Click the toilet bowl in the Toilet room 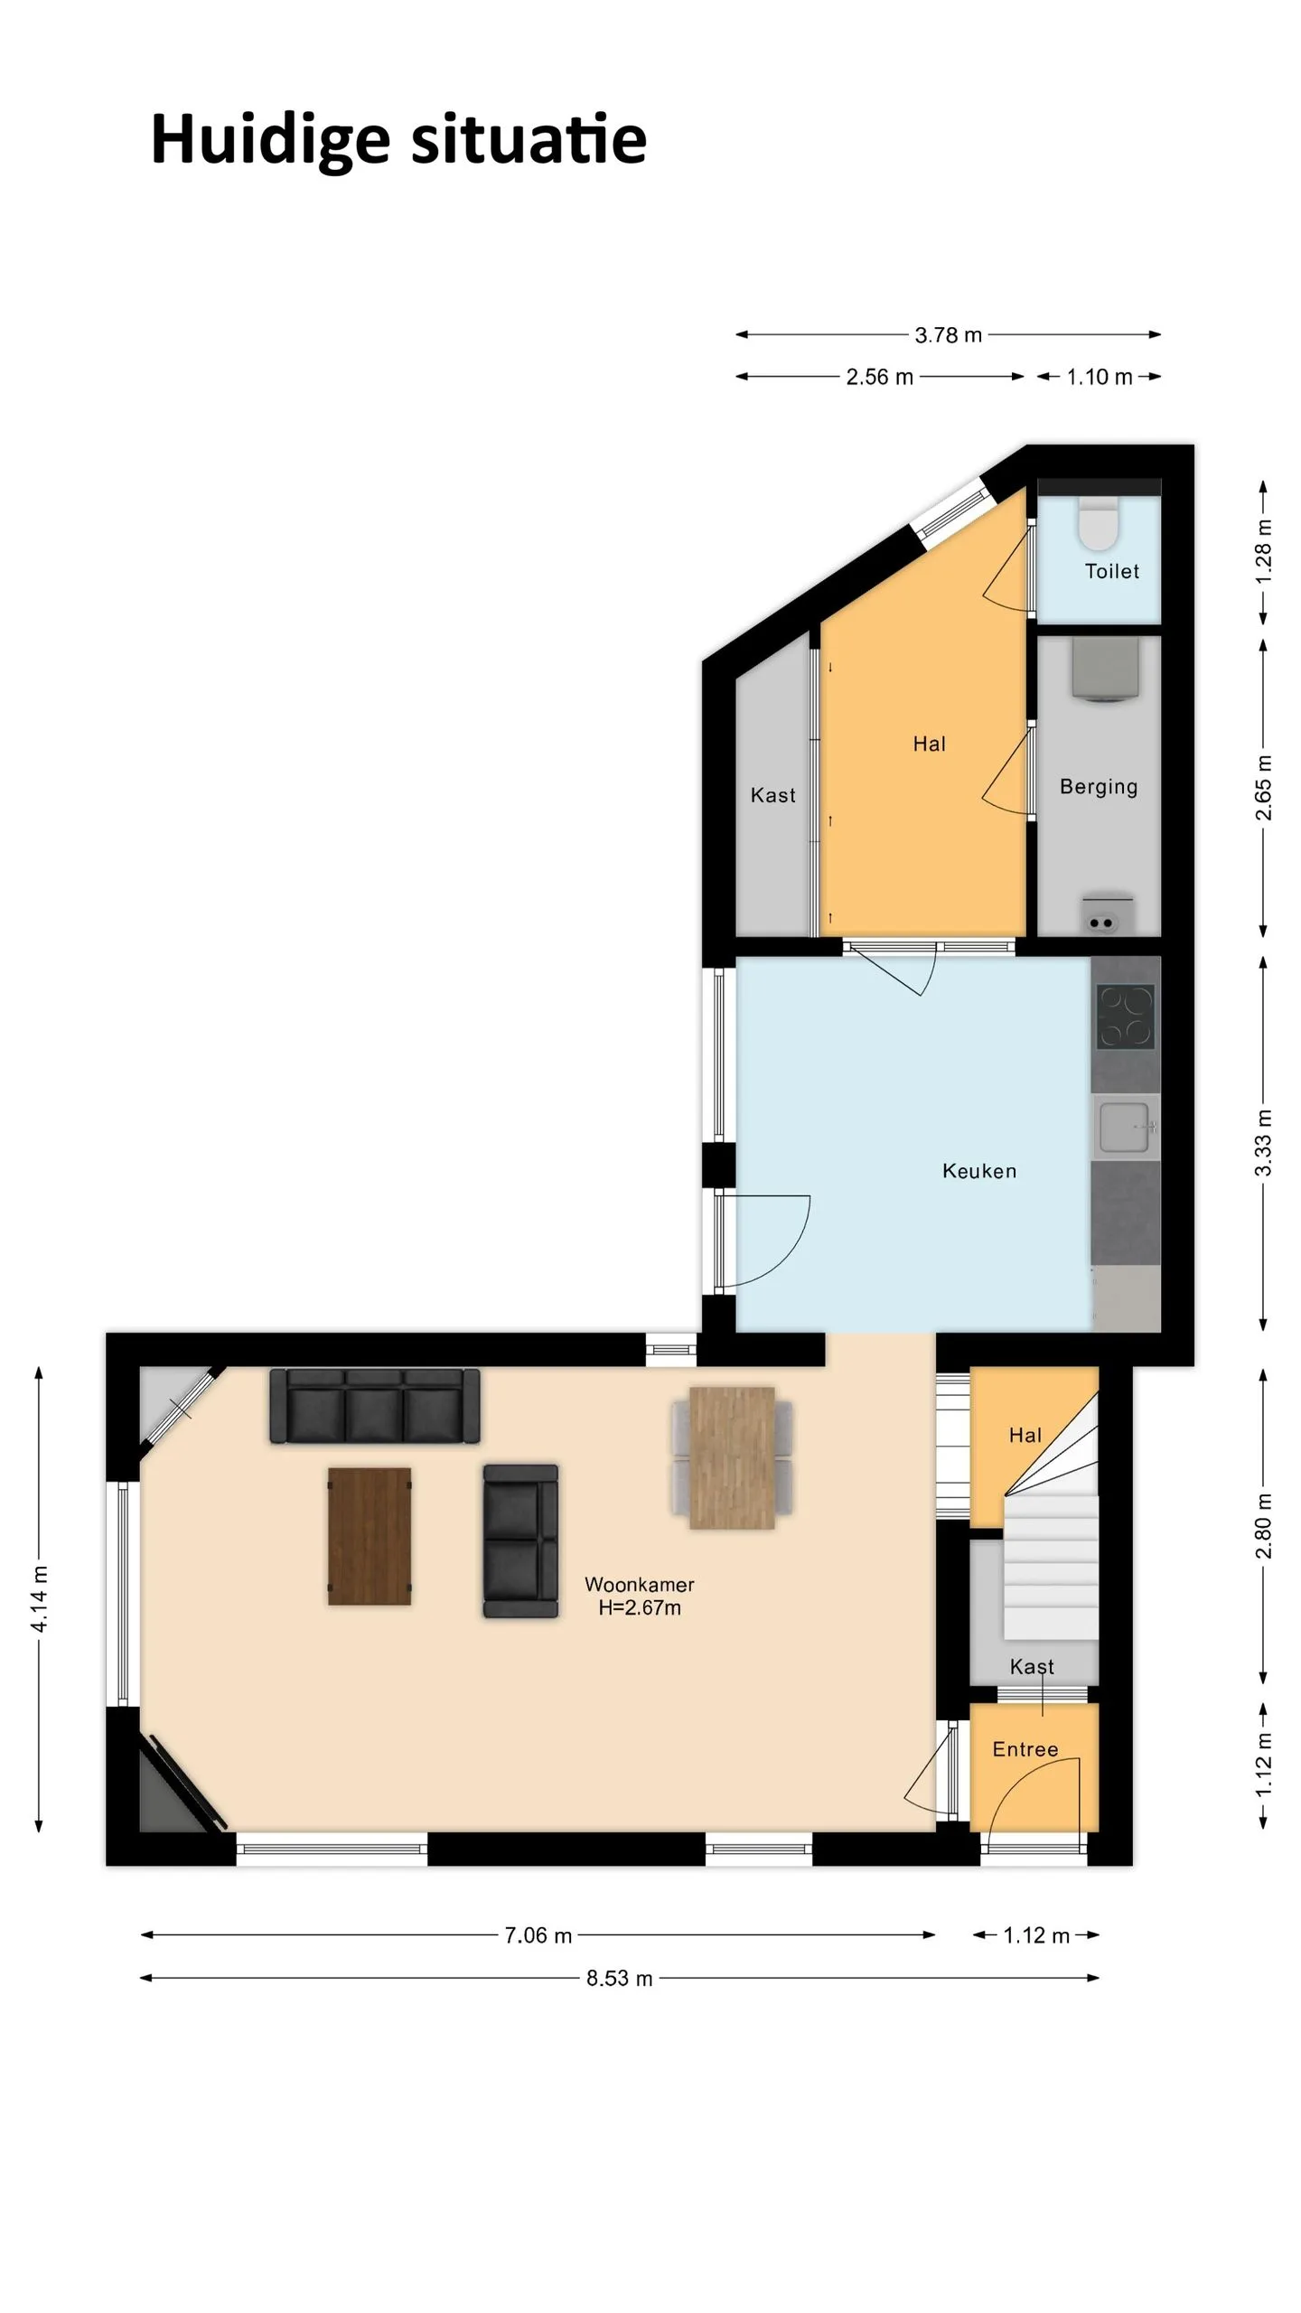[x=1099, y=522]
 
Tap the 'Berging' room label [x=1099, y=787]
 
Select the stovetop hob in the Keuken [x=1125, y=1016]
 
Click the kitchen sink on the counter [x=1125, y=1127]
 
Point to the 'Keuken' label [x=979, y=1171]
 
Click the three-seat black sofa [x=375, y=1405]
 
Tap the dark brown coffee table [x=370, y=1536]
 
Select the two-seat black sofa [x=520, y=1540]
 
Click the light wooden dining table [x=732, y=1457]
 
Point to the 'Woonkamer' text [x=640, y=1584]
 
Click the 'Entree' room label [x=1025, y=1749]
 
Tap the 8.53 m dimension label [x=620, y=1978]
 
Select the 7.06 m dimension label [x=538, y=1935]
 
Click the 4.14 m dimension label [x=40, y=1599]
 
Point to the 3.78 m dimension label [x=949, y=335]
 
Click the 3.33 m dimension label [x=1264, y=1143]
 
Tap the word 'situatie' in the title [x=529, y=140]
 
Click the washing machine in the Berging [x=1105, y=670]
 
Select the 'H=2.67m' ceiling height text [x=640, y=1607]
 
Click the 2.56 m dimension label [x=880, y=377]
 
